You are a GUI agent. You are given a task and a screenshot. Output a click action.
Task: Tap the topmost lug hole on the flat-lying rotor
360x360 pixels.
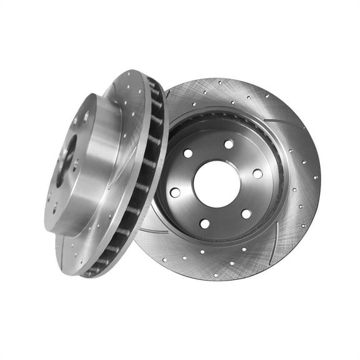click(229, 144)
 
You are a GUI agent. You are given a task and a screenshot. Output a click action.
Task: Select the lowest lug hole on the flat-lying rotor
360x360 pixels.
click(204, 223)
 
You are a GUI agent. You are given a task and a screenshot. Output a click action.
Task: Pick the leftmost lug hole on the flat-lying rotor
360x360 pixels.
click(175, 192)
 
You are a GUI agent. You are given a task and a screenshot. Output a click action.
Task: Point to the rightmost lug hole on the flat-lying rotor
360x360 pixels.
click(257, 174)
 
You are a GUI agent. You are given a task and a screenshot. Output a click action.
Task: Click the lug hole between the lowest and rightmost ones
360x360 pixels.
click(246, 214)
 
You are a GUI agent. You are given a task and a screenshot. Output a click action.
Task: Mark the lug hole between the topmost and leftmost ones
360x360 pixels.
click(187, 153)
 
